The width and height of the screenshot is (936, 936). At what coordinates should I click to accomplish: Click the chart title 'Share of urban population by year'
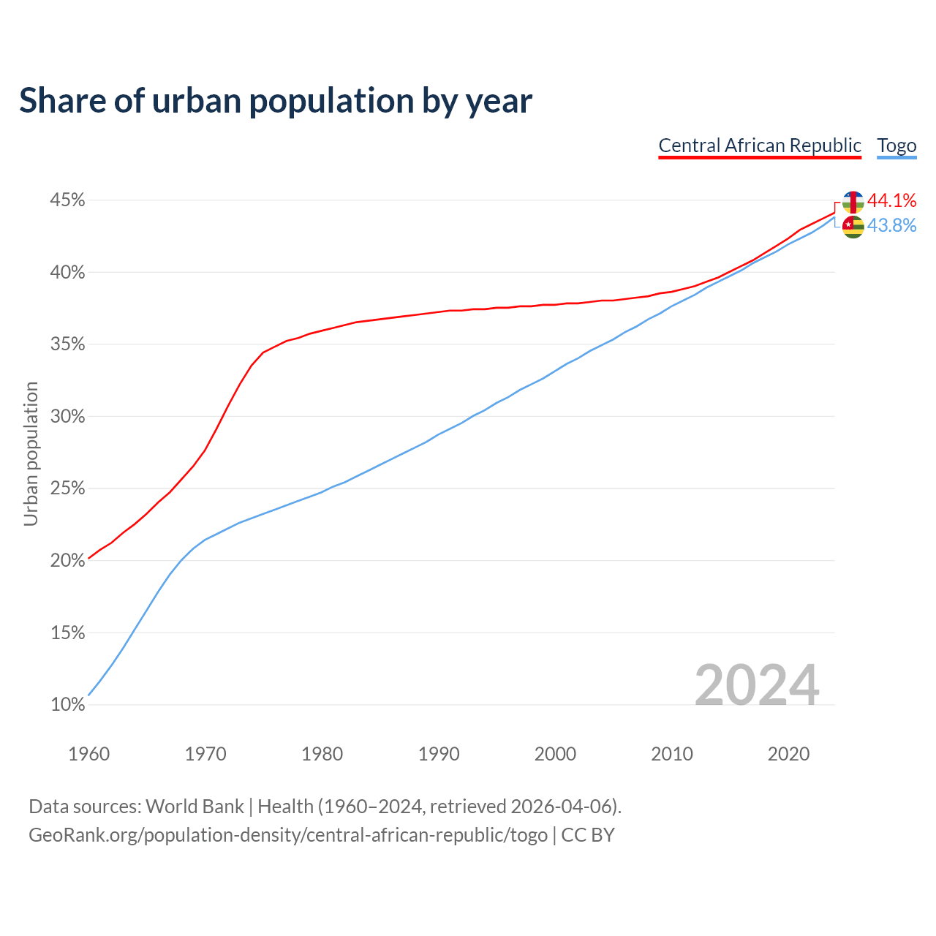(x=276, y=101)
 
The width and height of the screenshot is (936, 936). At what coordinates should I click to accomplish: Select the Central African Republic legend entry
(x=760, y=146)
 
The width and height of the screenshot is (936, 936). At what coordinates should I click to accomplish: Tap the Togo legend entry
(x=897, y=146)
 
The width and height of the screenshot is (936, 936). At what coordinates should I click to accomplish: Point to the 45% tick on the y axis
(x=67, y=200)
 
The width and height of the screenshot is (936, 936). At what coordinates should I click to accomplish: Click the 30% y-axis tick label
(x=67, y=417)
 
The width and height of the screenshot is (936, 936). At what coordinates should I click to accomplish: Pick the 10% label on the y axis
(x=67, y=705)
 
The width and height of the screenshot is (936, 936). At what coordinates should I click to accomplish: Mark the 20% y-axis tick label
(x=67, y=561)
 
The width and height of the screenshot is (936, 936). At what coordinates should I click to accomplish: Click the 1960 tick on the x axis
(x=88, y=754)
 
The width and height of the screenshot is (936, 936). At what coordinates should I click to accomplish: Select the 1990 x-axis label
(x=439, y=754)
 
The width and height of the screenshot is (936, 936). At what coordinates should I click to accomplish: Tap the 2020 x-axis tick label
(x=788, y=754)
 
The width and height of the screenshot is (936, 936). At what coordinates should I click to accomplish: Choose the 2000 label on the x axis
(x=555, y=754)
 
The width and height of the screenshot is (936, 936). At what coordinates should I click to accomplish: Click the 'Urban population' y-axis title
(x=31, y=453)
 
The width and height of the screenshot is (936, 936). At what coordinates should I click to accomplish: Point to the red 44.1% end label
(x=891, y=200)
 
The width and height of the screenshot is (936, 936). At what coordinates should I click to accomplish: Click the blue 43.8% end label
(x=891, y=226)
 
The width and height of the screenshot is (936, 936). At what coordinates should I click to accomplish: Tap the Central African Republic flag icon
(x=853, y=202)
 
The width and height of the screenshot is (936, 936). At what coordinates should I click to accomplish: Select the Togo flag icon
(x=853, y=227)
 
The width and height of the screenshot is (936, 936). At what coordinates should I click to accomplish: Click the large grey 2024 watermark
(x=757, y=685)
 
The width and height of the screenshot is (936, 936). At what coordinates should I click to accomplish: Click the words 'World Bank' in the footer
(x=195, y=807)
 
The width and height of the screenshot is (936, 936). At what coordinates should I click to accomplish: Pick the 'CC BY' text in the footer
(x=588, y=835)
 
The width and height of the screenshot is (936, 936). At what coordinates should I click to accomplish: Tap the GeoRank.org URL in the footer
(x=288, y=835)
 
